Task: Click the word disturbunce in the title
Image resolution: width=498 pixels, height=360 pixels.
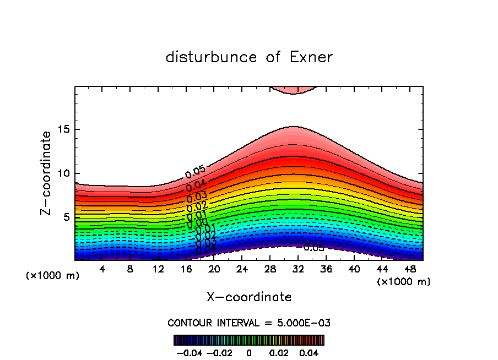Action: click(x=212, y=57)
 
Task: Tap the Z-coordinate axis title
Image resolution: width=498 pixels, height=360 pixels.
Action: click(x=47, y=173)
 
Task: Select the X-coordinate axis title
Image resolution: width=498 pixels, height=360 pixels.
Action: click(x=249, y=297)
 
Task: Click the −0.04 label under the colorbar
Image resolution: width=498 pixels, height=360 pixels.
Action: click(x=189, y=351)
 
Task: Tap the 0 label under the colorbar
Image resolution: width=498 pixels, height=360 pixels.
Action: click(x=249, y=351)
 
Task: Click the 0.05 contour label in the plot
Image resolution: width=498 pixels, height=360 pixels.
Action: click(x=195, y=172)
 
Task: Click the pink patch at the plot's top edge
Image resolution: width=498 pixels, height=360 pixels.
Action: click(x=293, y=90)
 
